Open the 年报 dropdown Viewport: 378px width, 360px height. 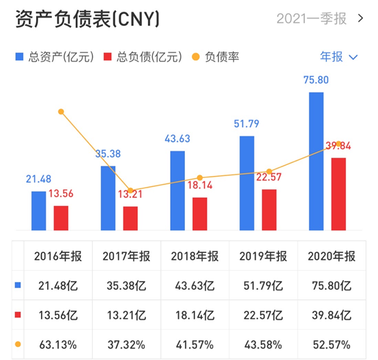[338, 57]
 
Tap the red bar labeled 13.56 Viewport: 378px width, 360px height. [61, 217]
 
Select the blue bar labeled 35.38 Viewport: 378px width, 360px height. [108, 198]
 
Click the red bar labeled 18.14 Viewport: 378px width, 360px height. [200, 213]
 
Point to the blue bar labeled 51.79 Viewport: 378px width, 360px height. [246, 183]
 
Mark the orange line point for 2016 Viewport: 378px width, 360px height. [61, 111]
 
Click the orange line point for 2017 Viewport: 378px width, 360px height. [130, 191]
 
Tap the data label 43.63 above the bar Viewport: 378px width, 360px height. [177, 139]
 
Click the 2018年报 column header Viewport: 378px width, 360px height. [194, 256]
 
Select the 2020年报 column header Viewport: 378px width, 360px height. [332, 256]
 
